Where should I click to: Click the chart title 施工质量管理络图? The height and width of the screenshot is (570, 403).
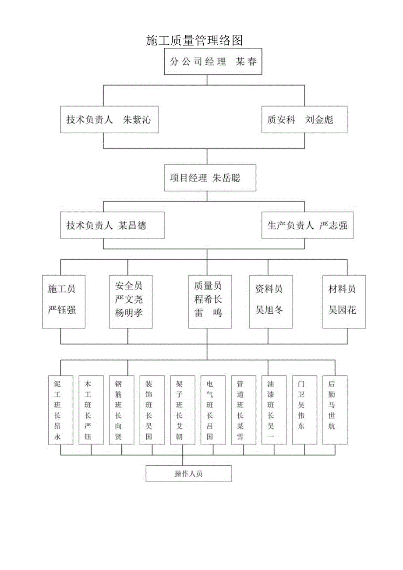pyautogui.click(x=194, y=41)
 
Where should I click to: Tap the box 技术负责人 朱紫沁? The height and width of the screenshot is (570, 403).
pyautogui.click(x=109, y=120)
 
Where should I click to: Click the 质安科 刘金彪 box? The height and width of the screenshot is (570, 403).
pyautogui.click(x=304, y=120)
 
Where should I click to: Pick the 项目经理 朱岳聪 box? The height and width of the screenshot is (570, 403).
pyautogui.click(x=210, y=178)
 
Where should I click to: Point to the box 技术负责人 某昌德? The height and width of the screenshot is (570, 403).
pyautogui.click(x=112, y=226)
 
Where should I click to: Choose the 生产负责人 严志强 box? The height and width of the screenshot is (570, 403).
pyautogui.click(x=307, y=226)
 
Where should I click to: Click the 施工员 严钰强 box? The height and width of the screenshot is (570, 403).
pyautogui.click(x=64, y=301)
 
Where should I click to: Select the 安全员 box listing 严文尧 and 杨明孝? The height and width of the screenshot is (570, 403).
pyautogui.click(x=131, y=301)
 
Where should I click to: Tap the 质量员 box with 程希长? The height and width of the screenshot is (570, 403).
pyautogui.click(x=210, y=301)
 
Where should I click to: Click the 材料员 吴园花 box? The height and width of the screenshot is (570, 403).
pyautogui.click(x=344, y=301)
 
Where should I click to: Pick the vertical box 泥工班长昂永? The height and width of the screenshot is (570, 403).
pyautogui.click(x=61, y=410)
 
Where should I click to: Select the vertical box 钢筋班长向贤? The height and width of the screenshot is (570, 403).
pyautogui.click(x=122, y=410)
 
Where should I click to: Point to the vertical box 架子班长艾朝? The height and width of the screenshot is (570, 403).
pyautogui.click(x=183, y=410)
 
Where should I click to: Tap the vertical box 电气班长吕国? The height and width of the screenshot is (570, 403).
pyautogui.click(x=213, y=410)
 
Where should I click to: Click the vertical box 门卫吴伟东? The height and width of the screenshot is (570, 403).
pyautogui.click(x=304, y=410)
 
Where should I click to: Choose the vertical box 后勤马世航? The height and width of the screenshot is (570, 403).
pyautogui.click(x=335, y=410)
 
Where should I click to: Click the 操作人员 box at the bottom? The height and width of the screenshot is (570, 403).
pyautogui.click(x=188, y=474)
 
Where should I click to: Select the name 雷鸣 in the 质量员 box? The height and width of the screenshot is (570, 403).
pyautogui.click(x=208, y=313)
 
